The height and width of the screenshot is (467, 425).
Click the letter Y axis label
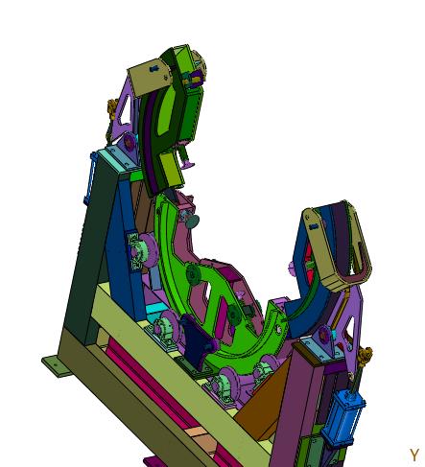[414, 455]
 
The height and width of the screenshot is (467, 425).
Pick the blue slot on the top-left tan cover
[153, 68]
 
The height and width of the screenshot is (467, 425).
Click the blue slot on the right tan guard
[314, 226]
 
